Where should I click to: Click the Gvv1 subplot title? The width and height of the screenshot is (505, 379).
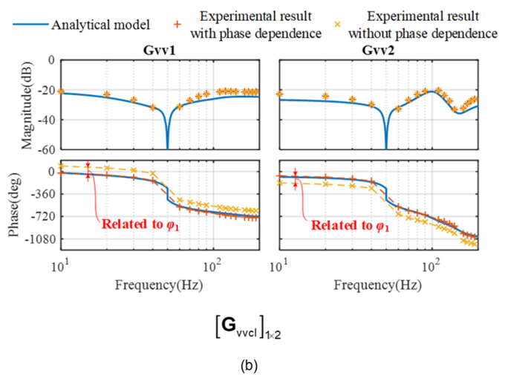160,51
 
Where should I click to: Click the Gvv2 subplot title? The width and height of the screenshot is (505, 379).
379,51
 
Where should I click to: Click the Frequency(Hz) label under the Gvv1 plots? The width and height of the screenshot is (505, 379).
160,284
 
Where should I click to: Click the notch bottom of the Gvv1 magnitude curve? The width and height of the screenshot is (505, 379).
167,148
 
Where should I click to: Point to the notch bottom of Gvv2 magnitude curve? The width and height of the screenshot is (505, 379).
386,148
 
